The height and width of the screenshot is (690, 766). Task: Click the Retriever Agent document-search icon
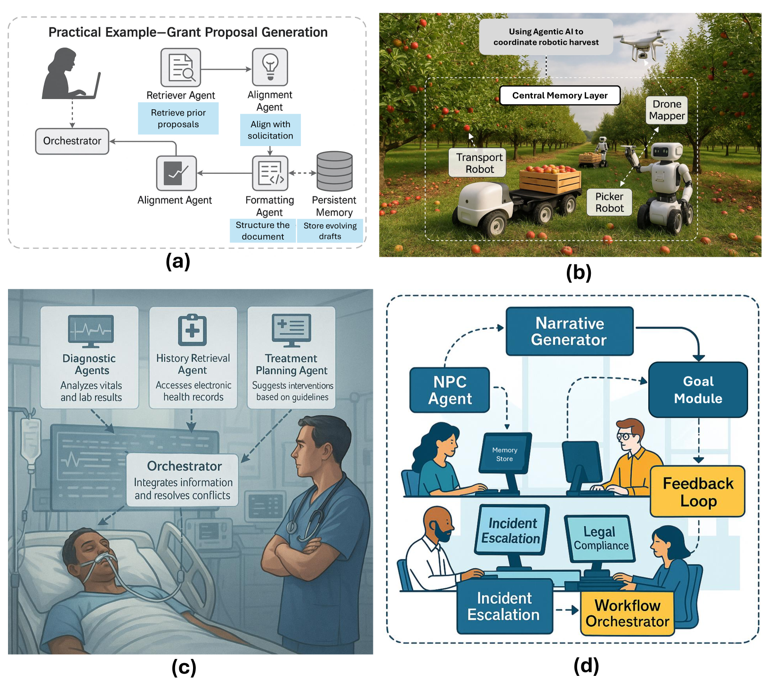tap(181, 68)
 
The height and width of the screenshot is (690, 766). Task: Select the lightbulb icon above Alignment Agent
tap(270, 67)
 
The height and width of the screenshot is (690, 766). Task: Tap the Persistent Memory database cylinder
tap(334, 171)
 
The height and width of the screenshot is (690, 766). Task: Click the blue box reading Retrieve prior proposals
tap(178, 119)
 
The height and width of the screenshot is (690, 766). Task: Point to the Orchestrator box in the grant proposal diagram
tap(72, 141)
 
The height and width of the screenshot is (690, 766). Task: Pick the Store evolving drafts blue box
tap(330, 231)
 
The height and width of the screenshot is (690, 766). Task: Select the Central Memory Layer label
tap(560, 95)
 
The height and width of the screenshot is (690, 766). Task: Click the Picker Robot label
tap(609, 203)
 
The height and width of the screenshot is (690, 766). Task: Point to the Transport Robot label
tap(479, 163)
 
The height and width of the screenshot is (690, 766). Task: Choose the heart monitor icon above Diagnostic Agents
tap(90, 331)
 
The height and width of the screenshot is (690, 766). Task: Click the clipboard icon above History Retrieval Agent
tap(192, 330)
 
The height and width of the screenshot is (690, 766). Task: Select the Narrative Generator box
tap(569, 331)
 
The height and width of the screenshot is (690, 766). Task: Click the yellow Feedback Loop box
tap(698, 492)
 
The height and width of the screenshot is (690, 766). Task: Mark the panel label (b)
tap(578, 272)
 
